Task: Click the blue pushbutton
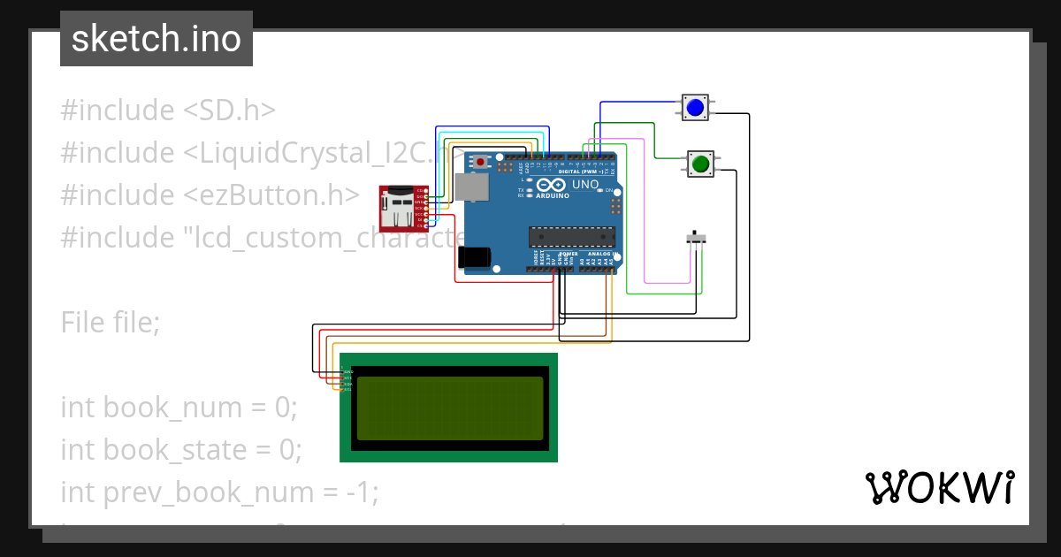(695, 108)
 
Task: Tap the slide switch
(697, 239)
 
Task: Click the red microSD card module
(402, 207)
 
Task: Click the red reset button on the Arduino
(480, 162)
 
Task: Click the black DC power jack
(475, 256)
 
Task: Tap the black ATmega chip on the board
(571, 236)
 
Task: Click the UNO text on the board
(584, 185)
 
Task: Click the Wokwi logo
(939, 488)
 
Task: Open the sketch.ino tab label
(156, 39)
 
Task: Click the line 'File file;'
(111, 323)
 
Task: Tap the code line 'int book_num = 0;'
(179, 408)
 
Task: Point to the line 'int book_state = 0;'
(181, 450)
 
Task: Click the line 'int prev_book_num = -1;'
(219, 492)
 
